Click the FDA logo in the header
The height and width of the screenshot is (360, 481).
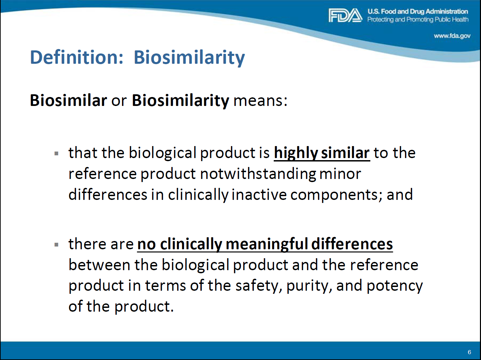point(345,15)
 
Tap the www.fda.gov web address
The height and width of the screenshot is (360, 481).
point(452,36)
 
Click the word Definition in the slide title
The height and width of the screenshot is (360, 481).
point(77,57)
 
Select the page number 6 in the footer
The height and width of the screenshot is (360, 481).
point(469,352)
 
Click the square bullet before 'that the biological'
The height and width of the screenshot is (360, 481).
point(57,154)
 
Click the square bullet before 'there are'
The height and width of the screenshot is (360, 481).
point(57,245)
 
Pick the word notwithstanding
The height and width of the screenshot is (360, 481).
point(258,174)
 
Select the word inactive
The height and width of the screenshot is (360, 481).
point(259,194)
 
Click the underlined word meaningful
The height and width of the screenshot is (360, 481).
point(267,244)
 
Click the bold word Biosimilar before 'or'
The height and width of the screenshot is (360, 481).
point(69,100)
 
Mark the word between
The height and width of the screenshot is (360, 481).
point(100,265)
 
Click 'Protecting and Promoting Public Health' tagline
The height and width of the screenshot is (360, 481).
point(418,20)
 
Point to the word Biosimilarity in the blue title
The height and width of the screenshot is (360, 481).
point(189,58)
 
